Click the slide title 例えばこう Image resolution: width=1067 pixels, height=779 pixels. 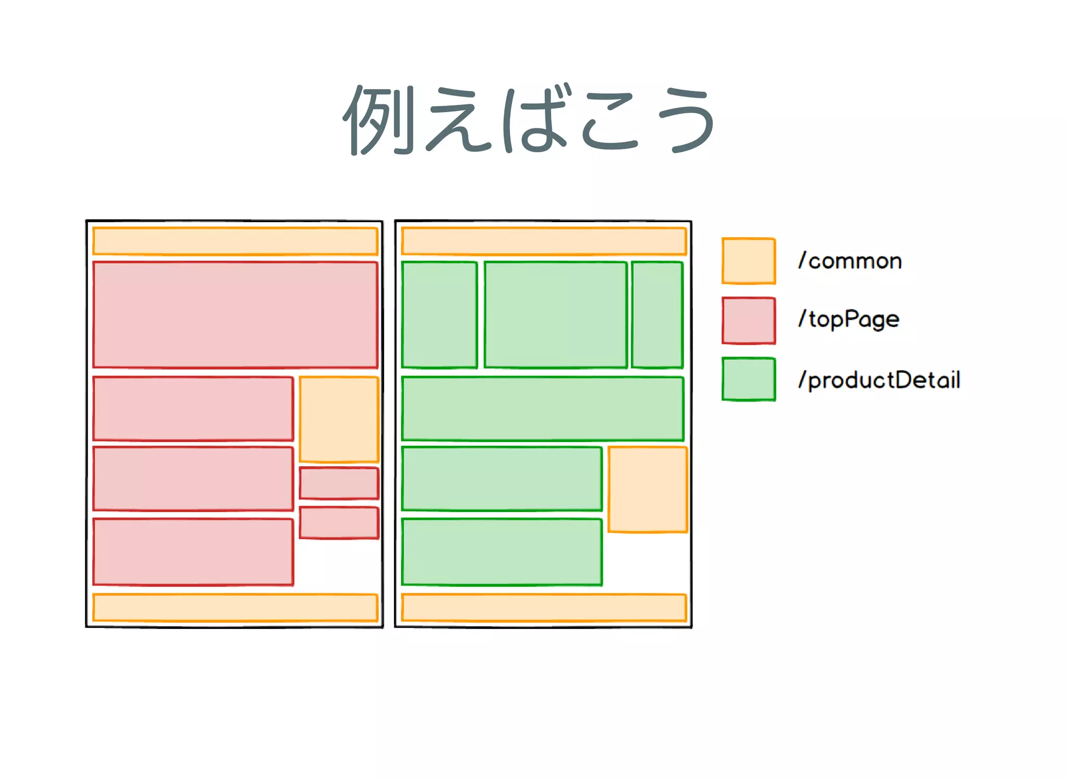coord(528,119)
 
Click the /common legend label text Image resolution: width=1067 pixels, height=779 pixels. coord(850,261)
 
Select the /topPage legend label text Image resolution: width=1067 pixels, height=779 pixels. coord(849,319)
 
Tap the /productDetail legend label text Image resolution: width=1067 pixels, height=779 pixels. coord(879,380)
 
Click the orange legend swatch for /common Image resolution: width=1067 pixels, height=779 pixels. coord(749,261)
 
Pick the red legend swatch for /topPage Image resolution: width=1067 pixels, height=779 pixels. coord(749,320)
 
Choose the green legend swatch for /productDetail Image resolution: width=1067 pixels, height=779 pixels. coord(749,379)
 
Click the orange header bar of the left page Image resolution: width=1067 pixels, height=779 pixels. coord(235,241)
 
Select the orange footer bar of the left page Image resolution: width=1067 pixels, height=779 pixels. coord(235,607)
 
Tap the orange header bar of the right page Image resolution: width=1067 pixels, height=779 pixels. coord(544,241)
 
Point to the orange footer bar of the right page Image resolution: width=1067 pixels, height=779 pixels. coord(544,607)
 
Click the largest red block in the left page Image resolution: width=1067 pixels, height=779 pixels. coord(235,314)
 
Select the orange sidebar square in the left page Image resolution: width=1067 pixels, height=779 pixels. coord(339,419)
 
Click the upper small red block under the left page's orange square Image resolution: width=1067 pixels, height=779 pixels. coord(339,483)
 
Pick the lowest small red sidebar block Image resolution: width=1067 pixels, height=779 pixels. coord(339,522)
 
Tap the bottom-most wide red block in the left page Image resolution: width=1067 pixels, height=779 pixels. coord(193,552)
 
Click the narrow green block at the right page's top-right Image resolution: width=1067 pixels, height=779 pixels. coord(657,314)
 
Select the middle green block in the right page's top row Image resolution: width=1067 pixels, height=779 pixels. coord(555,314)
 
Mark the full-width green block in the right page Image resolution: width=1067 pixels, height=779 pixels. coord(542,408)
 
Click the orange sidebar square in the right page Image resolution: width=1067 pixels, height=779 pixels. coord(648,489)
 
